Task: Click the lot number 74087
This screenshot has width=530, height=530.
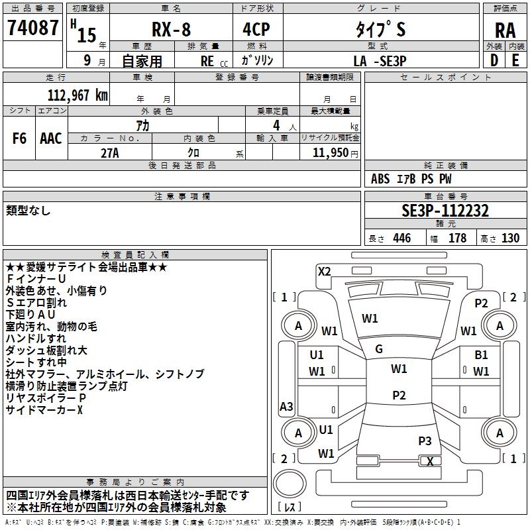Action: tap(32, 28)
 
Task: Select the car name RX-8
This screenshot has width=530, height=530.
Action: tap(171, 30)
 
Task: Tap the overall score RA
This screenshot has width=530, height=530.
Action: tap(505, 30)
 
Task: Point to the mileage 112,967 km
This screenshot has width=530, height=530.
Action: tap(78, 95)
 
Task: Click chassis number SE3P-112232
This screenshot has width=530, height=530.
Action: tap(445, 211)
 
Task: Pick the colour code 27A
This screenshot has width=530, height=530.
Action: tap(109, 152)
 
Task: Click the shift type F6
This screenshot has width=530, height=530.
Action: tap(20, 138)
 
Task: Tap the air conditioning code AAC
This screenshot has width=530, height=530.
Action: tap(51, 138)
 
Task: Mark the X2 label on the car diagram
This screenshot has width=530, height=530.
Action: tap(324, 271)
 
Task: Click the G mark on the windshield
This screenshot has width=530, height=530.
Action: tap(379, 349)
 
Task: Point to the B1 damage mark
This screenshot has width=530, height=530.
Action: tap(481, 355)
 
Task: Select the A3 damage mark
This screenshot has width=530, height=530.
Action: tap(287, 407)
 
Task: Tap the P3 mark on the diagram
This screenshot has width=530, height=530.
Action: tap(425, 441)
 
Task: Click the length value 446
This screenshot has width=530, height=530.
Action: tap(401, 238)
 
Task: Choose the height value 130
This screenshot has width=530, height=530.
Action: tap(510, 238)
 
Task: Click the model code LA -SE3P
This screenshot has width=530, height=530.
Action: tap(380, 61)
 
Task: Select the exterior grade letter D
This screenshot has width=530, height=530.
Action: tap(494, 61)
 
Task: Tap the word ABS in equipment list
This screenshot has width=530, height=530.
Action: tap(380, 179)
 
